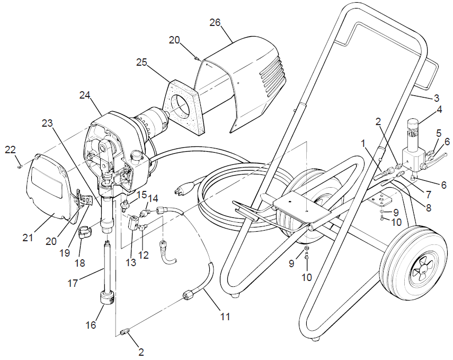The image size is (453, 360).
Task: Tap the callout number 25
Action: coord(141,62)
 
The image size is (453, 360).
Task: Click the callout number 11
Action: coord(225,317)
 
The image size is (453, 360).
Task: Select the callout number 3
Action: coord(436,98)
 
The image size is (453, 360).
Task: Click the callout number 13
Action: coord(129,246)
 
